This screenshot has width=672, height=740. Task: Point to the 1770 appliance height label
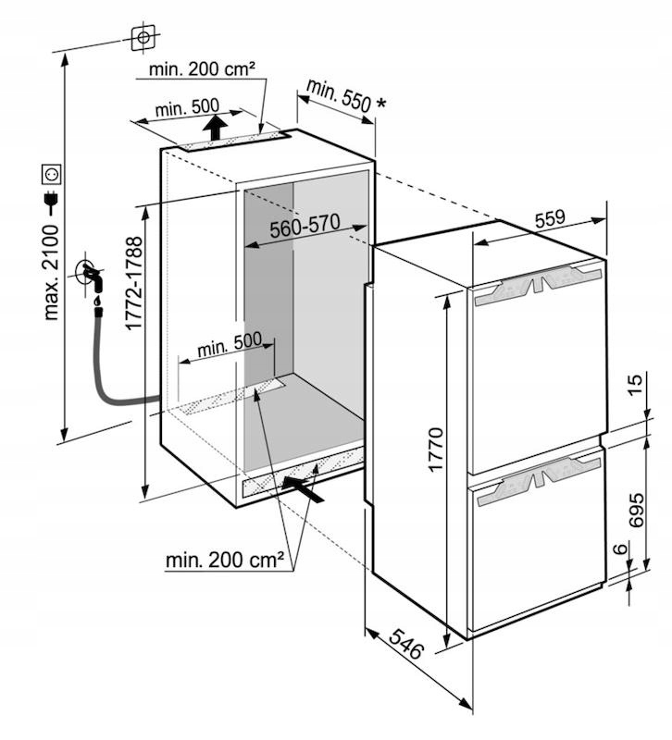tap(437, 450)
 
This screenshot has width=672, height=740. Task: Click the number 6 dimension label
tap(621, 550)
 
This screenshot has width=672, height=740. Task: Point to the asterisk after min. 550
tap(380, 103)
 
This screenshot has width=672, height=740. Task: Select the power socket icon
tap(52, 173)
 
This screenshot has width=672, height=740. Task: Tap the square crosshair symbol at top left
tap(143, 37)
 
